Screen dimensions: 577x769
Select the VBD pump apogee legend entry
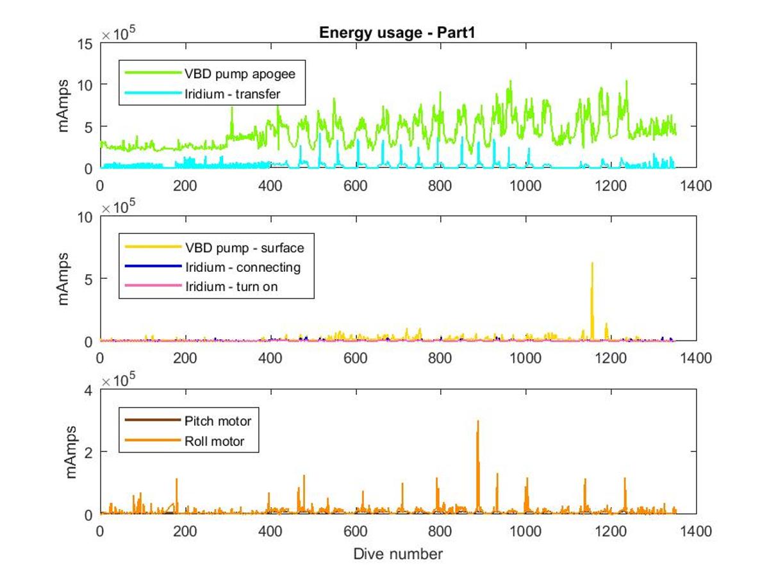coord(240,74)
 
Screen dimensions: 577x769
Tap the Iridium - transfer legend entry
coord(233,94)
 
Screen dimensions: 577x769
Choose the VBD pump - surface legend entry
coord(244,247)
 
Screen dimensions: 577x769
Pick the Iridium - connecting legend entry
coord(242,267)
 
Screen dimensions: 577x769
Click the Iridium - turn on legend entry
coord(231,287)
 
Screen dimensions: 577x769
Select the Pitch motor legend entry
coord(218,421)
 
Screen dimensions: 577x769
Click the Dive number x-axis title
coord(397,553)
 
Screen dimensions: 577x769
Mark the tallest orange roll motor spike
coord(478,421)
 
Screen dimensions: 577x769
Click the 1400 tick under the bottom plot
coord(697,531)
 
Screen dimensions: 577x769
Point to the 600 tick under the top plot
coord(355,185)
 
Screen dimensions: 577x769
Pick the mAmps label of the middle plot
coord(64,279)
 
